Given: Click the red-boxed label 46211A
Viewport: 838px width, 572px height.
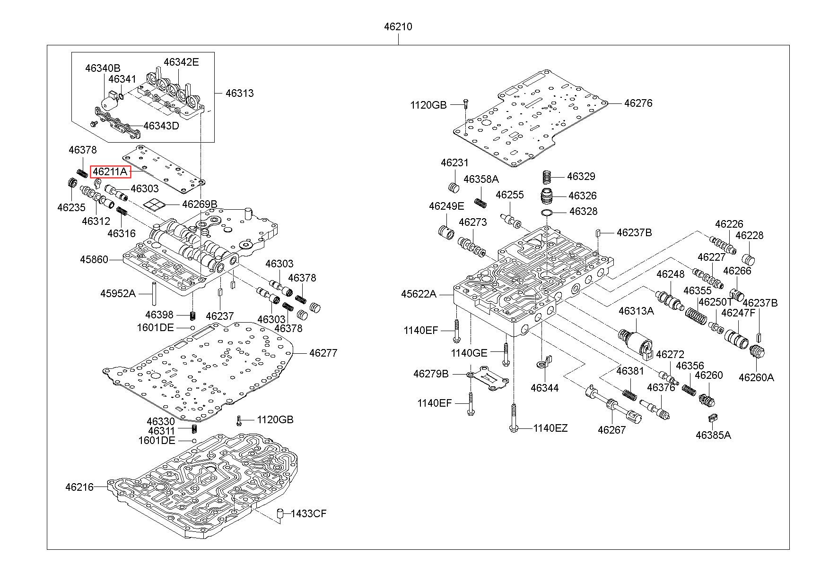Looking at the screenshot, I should tap(110, 171).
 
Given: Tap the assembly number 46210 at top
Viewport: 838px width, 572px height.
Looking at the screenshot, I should tap(398, 27).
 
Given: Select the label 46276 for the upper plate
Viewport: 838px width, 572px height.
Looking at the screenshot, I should tap(638, 103).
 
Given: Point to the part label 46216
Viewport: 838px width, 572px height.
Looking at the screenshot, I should tap(79, 487).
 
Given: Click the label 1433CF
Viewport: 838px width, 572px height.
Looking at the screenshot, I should tap(308, 513).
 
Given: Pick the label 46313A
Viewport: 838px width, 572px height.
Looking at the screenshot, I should tap(636, 310).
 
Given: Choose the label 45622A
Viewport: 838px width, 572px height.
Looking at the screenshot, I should tap(419, 294).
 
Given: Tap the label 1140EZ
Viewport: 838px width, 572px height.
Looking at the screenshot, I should tap(550, 428).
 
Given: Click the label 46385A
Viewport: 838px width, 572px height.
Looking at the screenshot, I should tap(713, 435).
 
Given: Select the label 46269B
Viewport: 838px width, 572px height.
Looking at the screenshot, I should tap(200, 204).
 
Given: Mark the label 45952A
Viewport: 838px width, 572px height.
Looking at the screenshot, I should tap(118, 293).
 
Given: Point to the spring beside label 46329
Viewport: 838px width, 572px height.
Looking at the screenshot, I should tap(547, 177).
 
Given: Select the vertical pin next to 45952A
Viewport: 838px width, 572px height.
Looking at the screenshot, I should tap(154, 294).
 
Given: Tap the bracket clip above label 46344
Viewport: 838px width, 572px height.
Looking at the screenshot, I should tap(543, 363).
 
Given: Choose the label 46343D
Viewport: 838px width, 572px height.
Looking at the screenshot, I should tap(161, 126).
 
